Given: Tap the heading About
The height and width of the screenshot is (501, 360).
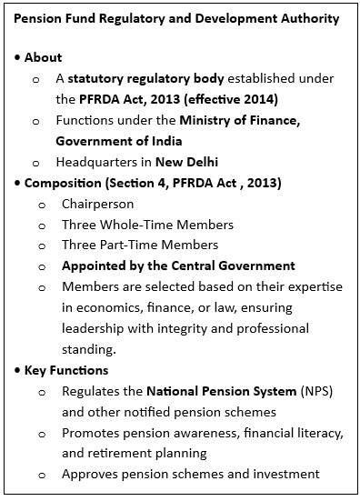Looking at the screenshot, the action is click(43, 57).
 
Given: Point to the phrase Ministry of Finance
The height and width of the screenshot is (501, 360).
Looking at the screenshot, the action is click(239, 121).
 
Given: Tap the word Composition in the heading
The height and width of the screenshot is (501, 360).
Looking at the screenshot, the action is click(63, 184).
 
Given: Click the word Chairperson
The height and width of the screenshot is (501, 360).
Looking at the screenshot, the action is click(97, 205).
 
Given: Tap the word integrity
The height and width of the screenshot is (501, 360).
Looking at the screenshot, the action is click(195, 327).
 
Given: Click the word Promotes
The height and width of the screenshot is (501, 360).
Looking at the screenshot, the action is click(92, 432).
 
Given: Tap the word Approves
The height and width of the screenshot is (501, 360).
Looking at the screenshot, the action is click(91, 473).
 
